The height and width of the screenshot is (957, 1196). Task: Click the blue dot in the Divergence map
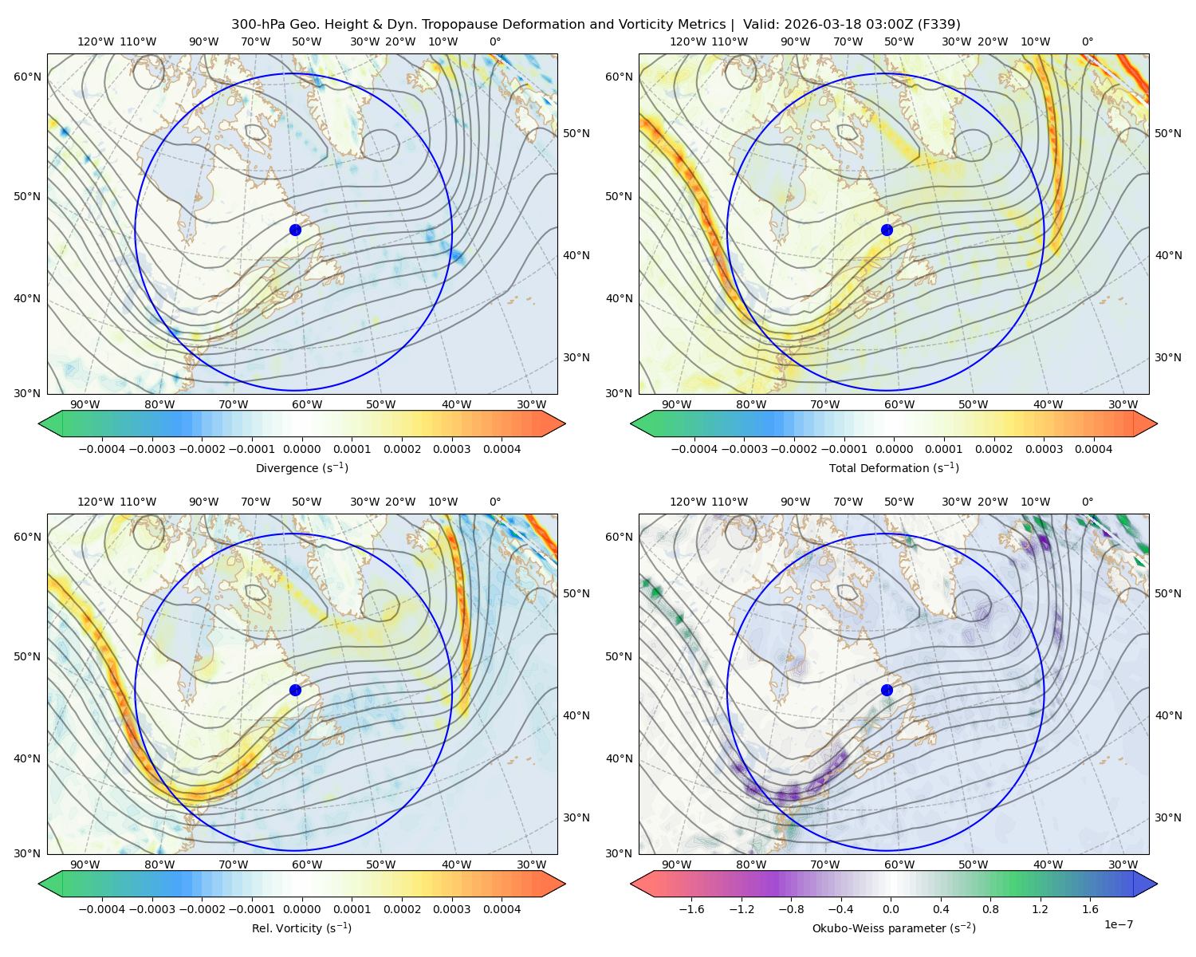click(295, 230)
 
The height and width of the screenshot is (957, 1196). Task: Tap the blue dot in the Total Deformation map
click(887, 230)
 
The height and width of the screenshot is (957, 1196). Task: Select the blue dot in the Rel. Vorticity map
click(295, 690)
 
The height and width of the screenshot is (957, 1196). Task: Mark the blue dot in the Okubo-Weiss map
click(887, 690)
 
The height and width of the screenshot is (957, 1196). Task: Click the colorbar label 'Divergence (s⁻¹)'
click(301, 467)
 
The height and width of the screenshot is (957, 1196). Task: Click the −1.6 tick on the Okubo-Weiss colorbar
click(691, 908)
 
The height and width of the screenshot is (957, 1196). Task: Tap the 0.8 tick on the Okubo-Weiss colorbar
click(990, 908)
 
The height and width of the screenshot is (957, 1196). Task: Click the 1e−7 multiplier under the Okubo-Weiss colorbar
click(1118, 924)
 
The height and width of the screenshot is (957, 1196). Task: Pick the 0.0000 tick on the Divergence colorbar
click(301, 449)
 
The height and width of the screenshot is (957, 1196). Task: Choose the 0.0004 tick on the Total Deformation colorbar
click(1093, 449)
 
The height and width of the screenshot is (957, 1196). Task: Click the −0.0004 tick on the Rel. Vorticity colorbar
click(102, 908)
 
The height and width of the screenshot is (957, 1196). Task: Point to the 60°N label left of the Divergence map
click(27, 77)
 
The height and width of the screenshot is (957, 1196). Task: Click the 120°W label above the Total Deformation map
click(688, 41)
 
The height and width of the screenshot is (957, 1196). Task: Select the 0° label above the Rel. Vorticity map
click(495, 501)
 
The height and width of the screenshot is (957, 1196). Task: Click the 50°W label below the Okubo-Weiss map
click(973, 864)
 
